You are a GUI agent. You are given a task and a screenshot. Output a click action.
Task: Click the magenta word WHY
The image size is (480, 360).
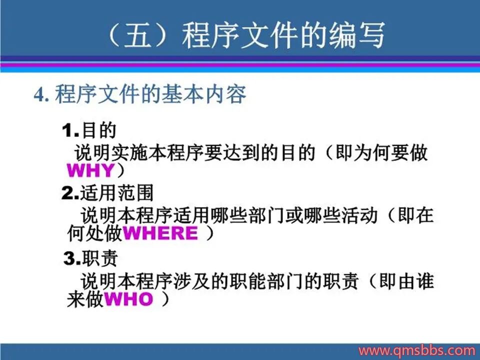click(90, 170)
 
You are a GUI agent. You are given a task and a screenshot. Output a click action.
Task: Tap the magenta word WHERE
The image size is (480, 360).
click(160, 233)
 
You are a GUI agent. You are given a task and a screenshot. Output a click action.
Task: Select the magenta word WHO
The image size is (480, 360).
click(128, 299)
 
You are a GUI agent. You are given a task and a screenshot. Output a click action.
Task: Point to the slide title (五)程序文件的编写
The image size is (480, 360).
click(246, 35)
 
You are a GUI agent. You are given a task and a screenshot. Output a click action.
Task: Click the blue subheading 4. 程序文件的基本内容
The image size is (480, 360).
click(140, 94)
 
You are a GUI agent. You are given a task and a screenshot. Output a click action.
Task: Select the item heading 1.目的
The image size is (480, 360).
click(89, 130)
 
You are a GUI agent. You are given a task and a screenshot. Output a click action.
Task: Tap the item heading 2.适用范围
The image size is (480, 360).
click(107, 193)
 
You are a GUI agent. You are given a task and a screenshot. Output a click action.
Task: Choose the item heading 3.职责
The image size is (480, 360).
click(90, 258)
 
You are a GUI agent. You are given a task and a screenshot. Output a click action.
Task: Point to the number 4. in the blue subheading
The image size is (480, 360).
click(41, 94)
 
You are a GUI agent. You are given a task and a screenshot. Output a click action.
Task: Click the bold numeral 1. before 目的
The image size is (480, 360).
click(70, 130)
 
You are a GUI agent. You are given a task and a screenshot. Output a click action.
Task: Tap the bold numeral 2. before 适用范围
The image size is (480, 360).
click(70, 193)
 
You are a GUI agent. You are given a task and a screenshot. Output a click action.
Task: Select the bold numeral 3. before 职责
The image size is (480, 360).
click(72, 258)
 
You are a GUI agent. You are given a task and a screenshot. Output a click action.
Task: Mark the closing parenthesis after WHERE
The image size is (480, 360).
click(209, 233)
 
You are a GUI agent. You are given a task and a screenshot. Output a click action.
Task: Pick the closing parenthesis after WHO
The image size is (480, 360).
click(165, 299)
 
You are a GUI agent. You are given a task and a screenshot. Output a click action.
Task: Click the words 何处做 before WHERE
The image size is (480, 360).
click(94, 233)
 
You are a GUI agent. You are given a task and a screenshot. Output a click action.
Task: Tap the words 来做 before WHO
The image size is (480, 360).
click(85, 299)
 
